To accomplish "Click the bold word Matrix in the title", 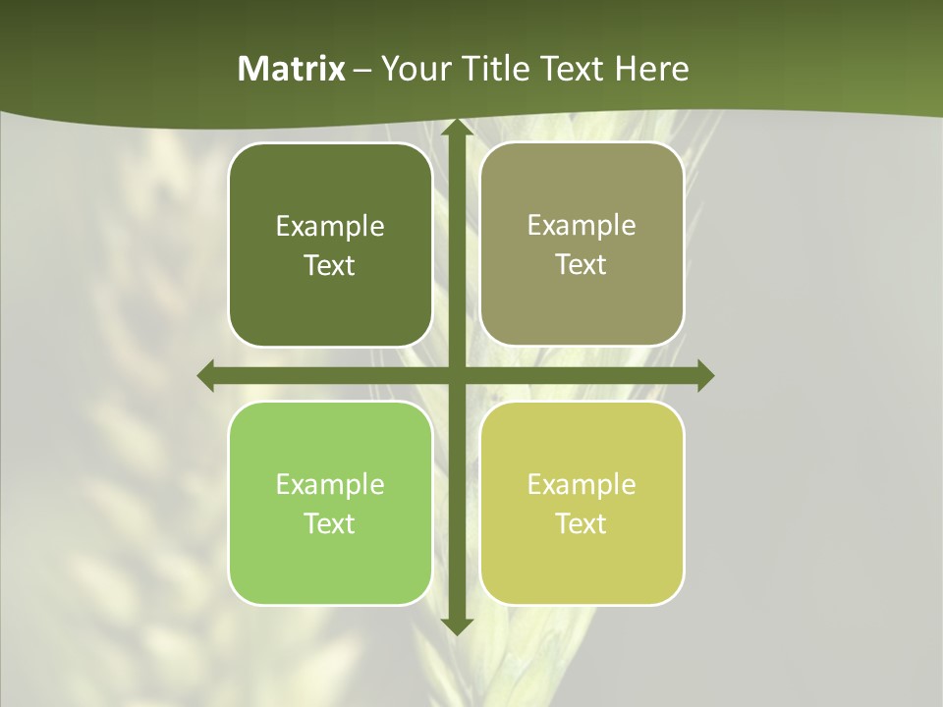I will (292, 69).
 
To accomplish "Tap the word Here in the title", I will (653, 69).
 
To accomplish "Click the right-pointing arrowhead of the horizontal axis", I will (704, 375).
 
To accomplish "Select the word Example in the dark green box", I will (330, 227).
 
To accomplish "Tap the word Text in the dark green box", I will (330, 266).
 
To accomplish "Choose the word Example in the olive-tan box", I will (582, 226).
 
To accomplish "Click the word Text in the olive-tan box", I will (582, 265).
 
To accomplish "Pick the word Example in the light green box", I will (330, 485).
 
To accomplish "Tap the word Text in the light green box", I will (330, 524).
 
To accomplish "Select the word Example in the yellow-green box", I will (582, 485).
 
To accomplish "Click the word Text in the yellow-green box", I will (582, 524).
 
